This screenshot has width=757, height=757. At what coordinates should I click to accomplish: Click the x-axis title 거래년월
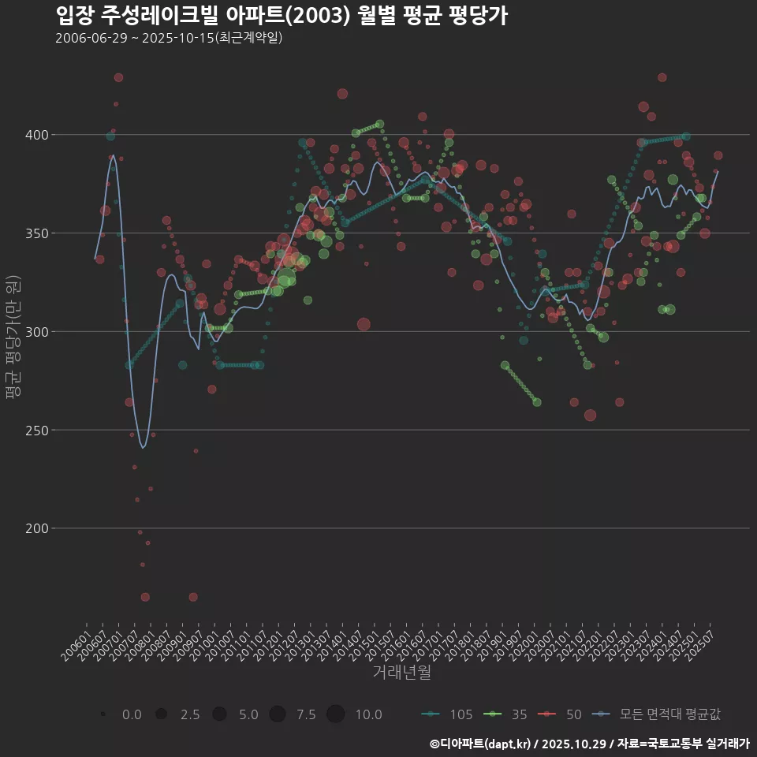401,673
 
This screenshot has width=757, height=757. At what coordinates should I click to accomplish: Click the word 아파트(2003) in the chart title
282,15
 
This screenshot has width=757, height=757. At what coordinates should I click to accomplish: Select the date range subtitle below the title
169,38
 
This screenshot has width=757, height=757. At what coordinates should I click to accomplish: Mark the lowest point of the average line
143,448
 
